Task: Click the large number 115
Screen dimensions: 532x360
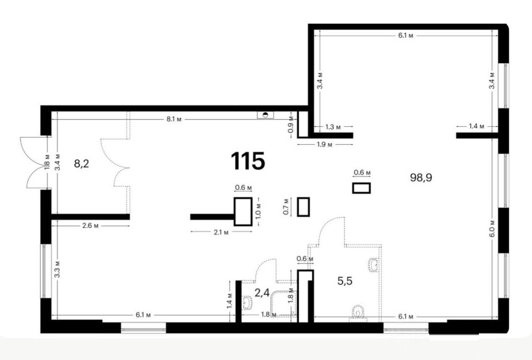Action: pos(248,161)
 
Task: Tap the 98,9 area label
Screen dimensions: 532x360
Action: pos(421,177)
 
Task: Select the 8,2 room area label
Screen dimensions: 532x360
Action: pos(82,164)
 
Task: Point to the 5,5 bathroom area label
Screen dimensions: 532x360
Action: pos(345,281)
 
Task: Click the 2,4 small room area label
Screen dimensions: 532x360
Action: pos(262,292)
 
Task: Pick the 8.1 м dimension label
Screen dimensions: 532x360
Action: pos(174,119)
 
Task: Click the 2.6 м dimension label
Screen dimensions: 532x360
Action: pos(90,226)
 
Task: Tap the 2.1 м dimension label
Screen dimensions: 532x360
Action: pos(221,232)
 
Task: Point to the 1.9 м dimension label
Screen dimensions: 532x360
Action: pos(325,145)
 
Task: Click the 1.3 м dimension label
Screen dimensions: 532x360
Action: pos(333,127)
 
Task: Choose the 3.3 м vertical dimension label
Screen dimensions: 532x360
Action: pos(57,269)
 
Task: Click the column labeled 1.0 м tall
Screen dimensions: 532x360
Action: pos(243,211)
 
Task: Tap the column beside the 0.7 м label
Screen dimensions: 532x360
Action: pos(303,207)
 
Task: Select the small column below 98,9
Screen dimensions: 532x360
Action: pos(361,188)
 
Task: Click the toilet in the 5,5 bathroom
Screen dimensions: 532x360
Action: pos(358,313)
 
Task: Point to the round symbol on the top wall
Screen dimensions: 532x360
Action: pos(266,115)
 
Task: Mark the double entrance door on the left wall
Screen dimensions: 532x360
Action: pos(36,162)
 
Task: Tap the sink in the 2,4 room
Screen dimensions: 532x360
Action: pos(247,302)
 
